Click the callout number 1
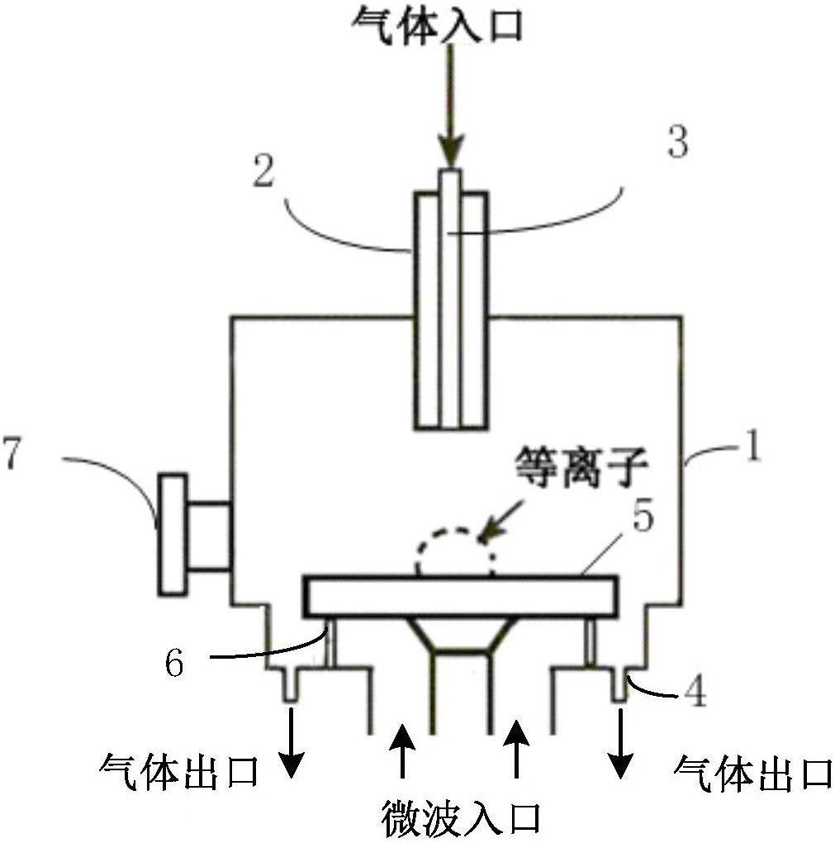pos(754,447)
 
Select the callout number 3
pos(678,142)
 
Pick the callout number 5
pos(643,517)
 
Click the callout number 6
pos(174,663)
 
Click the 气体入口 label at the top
pos(437,25)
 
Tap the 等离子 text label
pos(581,468)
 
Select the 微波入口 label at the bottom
pos(461,818)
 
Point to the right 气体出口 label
pos(753,774)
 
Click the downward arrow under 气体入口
pos(450,106)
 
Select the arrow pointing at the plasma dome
pos(501,519)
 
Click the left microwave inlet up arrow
pos(402,750)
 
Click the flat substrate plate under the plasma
pos(461,597)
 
